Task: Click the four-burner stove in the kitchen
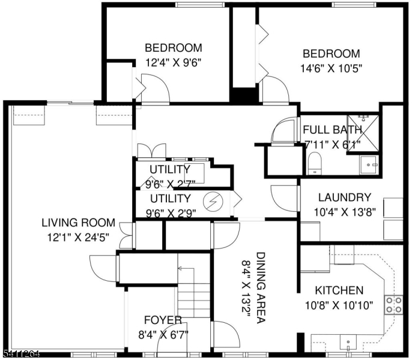click(x=393, y=304)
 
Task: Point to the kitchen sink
click(x=348, y=343)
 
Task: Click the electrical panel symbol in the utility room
click(x=213, y=202)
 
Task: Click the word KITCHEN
click(x=340, y=290)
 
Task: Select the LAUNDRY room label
click(x=344, y=197)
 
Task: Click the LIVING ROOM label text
click(x=78, y=223)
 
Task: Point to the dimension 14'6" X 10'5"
click(x=331, y=68)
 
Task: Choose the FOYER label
click(x=163, y=320)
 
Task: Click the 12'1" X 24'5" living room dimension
click(x=78, y=236)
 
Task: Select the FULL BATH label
click(x=332, y=130)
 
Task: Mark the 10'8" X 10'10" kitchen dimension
click(x=340, y=305)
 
